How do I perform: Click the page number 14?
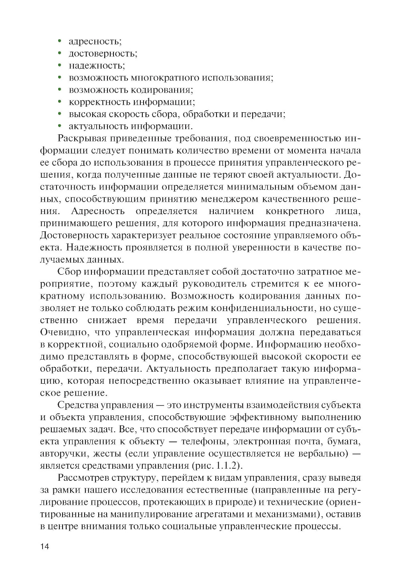(x=45, y=546)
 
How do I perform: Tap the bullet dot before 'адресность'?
(x=59, y=41)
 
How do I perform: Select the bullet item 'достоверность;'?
(x=103, y=53)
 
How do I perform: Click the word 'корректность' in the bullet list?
(x=99, y=102)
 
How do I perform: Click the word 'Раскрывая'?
(x=82, y=139)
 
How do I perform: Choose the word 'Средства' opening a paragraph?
(x=78, y=405)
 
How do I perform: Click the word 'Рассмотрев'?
(x=83, y=478)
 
